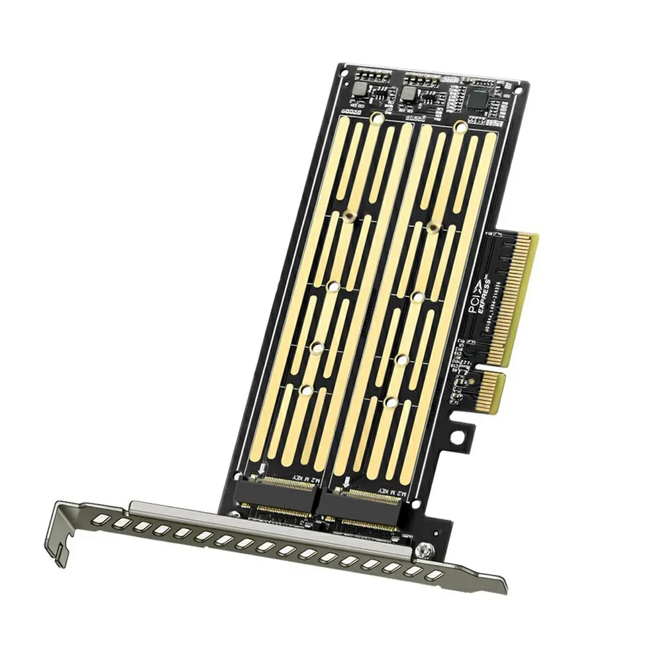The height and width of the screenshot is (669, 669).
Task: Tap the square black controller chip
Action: [478, 99]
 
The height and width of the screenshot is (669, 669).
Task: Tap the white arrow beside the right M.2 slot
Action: [346, 480]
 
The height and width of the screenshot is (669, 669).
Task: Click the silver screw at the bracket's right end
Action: [423, 549]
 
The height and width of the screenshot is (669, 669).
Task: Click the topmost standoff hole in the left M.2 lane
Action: [376, 119]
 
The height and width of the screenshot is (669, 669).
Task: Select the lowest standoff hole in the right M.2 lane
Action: [391, 402]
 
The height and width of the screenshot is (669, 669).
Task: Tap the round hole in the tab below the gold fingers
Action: [464, 435]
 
